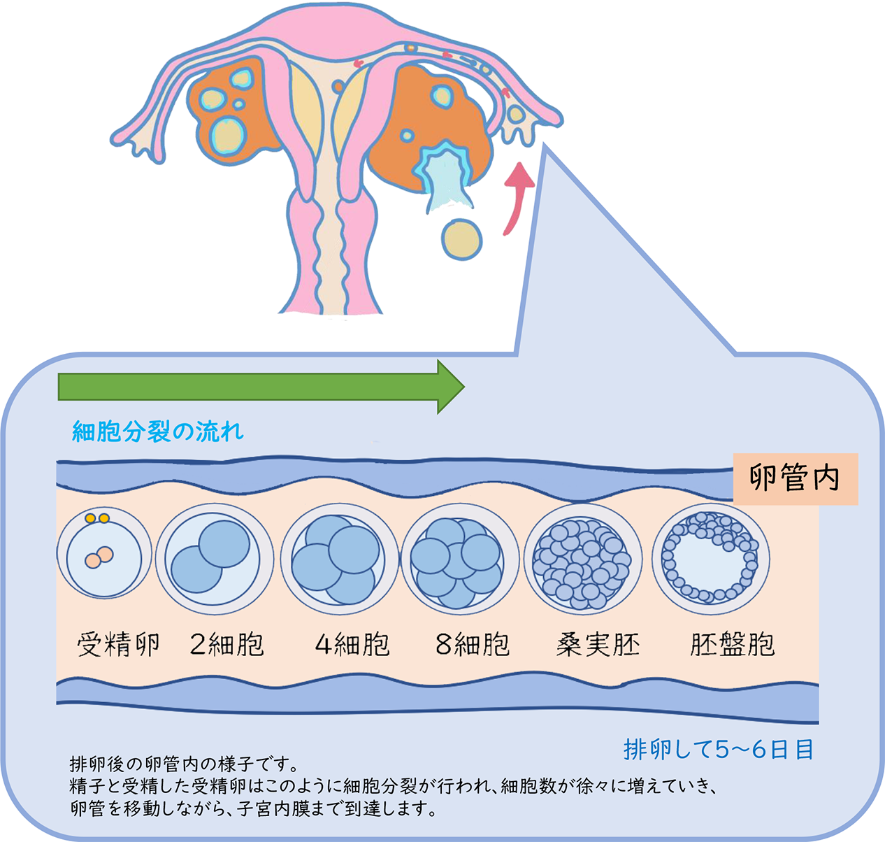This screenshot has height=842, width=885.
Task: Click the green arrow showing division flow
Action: point(259,387)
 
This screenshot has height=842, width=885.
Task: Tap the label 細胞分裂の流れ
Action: point(158,431)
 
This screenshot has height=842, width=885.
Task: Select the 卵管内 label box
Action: point(795,479)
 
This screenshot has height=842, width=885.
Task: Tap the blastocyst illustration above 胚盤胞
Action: point(710,557)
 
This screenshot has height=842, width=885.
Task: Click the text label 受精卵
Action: point(118,644)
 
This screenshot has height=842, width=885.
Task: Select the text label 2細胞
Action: point(227,644)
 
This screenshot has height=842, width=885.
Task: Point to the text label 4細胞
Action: point(352,644)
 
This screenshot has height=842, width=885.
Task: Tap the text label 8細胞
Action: point(473,644)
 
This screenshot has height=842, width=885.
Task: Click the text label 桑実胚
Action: point(598,644)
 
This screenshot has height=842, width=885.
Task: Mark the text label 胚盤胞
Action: point(732,644)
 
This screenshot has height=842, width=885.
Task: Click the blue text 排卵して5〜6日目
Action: point(719,750)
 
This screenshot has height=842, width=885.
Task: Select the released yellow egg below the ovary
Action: point(462,239)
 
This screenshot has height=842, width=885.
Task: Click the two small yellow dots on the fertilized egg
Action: point(97,518)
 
